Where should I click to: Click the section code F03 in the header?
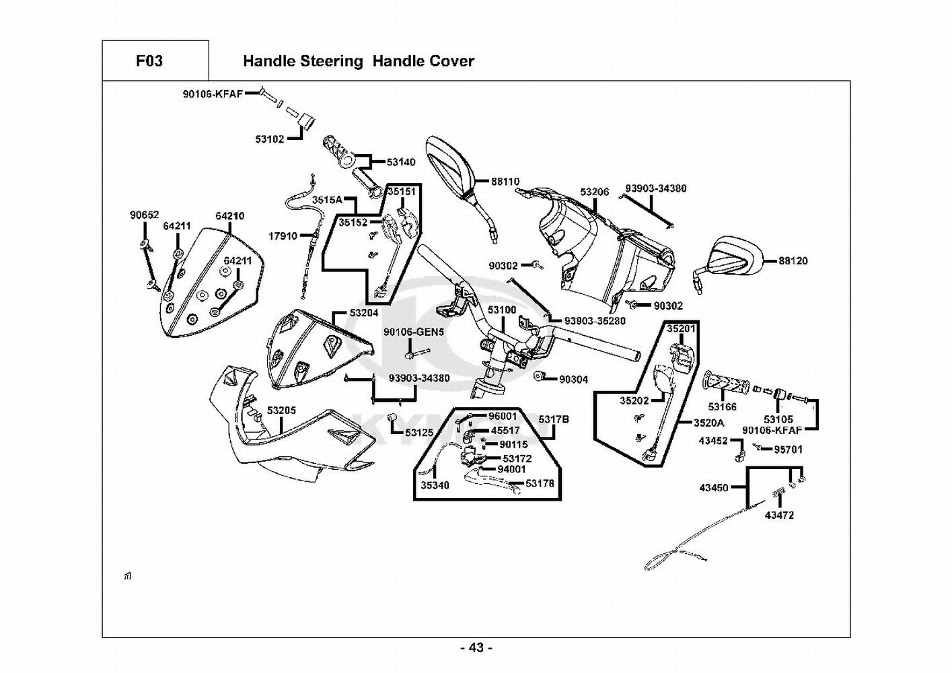pyautogui.click(x=149, y=61)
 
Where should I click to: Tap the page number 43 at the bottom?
pyautogui.click(x=476, y=648)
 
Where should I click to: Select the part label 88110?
pyautogui.click(x=505, y=182)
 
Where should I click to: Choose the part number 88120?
pyautogui.click(x=793, y=261)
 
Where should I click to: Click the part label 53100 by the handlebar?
pyautogui.click(x=502, y=310)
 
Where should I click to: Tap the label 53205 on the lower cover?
pyautogui.click(x=281, y=410)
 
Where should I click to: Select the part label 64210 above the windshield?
pyautogui.click(x=230, y=216)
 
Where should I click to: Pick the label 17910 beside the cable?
pyautogui.click(x=283, y=236)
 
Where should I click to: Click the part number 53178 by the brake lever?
pyautogui.click(x=540, y=483)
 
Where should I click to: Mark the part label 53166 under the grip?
pyautogui.click(x=722, y=406)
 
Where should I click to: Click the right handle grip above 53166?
pyautogui.click(x=727, y=384)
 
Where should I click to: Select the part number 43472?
pyautogui.click(x=779, y=516)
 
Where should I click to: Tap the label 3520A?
pyautogui.click(x=709, y=423)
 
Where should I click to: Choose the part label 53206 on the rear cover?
pyautogui.click(x=594, y=192)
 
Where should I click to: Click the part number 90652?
pyautogui.click(x=144, y=215)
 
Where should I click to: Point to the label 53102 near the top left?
pyautogui.click(x=269, y=139)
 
